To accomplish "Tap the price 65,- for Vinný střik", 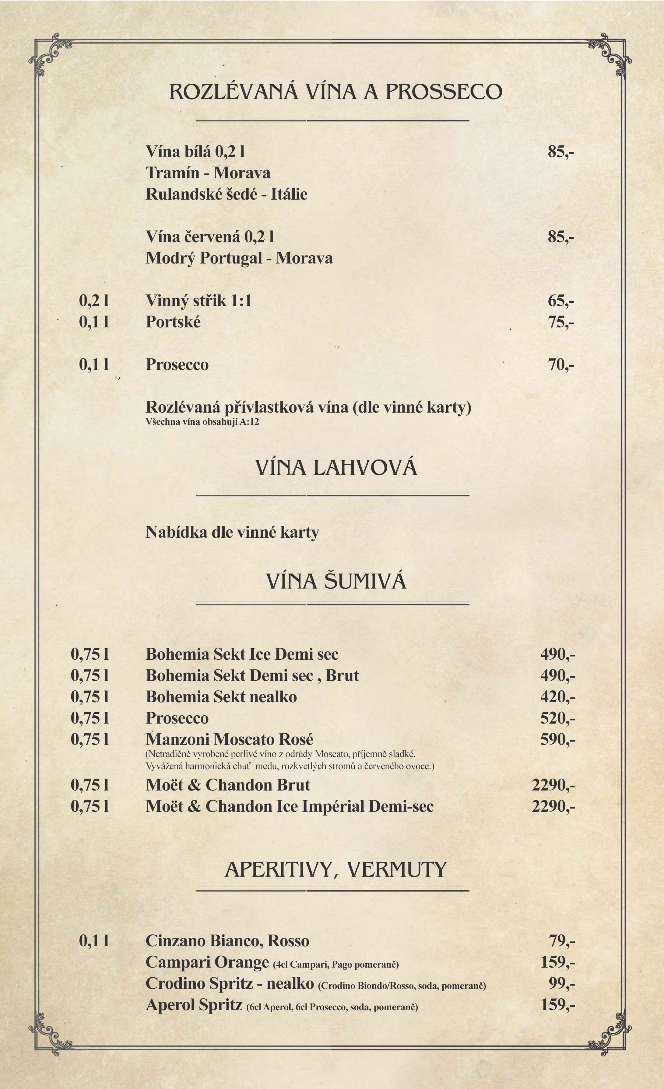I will tap(560, 301).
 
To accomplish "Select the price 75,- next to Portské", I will tap(560, 322).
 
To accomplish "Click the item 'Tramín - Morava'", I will tap(208, 173).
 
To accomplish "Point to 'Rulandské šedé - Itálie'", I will tap(226, 194).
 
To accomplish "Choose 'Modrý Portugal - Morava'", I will tap(239, 258).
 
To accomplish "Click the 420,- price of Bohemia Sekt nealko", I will tap(557, 697).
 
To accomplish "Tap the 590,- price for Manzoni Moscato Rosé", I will tap(557, 739).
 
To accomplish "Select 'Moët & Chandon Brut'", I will tap(228, 785).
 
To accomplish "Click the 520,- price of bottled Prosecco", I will tap(557, 718).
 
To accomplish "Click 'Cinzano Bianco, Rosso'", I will tap(227, 941).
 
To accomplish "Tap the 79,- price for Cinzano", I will tap(561, 941).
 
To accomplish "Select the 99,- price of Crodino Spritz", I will tap(561, 983).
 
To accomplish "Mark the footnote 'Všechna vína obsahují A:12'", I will tap(202, 422).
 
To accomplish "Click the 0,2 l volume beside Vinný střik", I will tap(94, 301).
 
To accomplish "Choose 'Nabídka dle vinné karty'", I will tap(232, 532).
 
